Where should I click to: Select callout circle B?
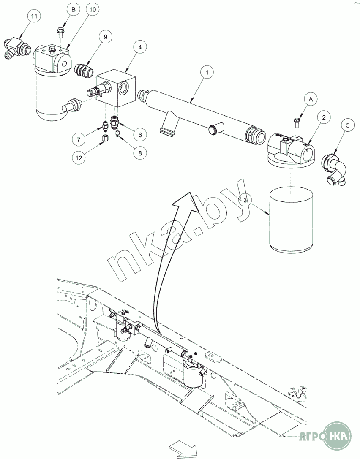tap(74, 9)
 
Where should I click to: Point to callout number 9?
tap(106, 37)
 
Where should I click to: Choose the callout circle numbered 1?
tap(207, 73)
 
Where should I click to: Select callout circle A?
tap(311, 99)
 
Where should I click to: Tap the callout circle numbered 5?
tap(348, 125)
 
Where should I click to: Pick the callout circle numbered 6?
tap(140, 134)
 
